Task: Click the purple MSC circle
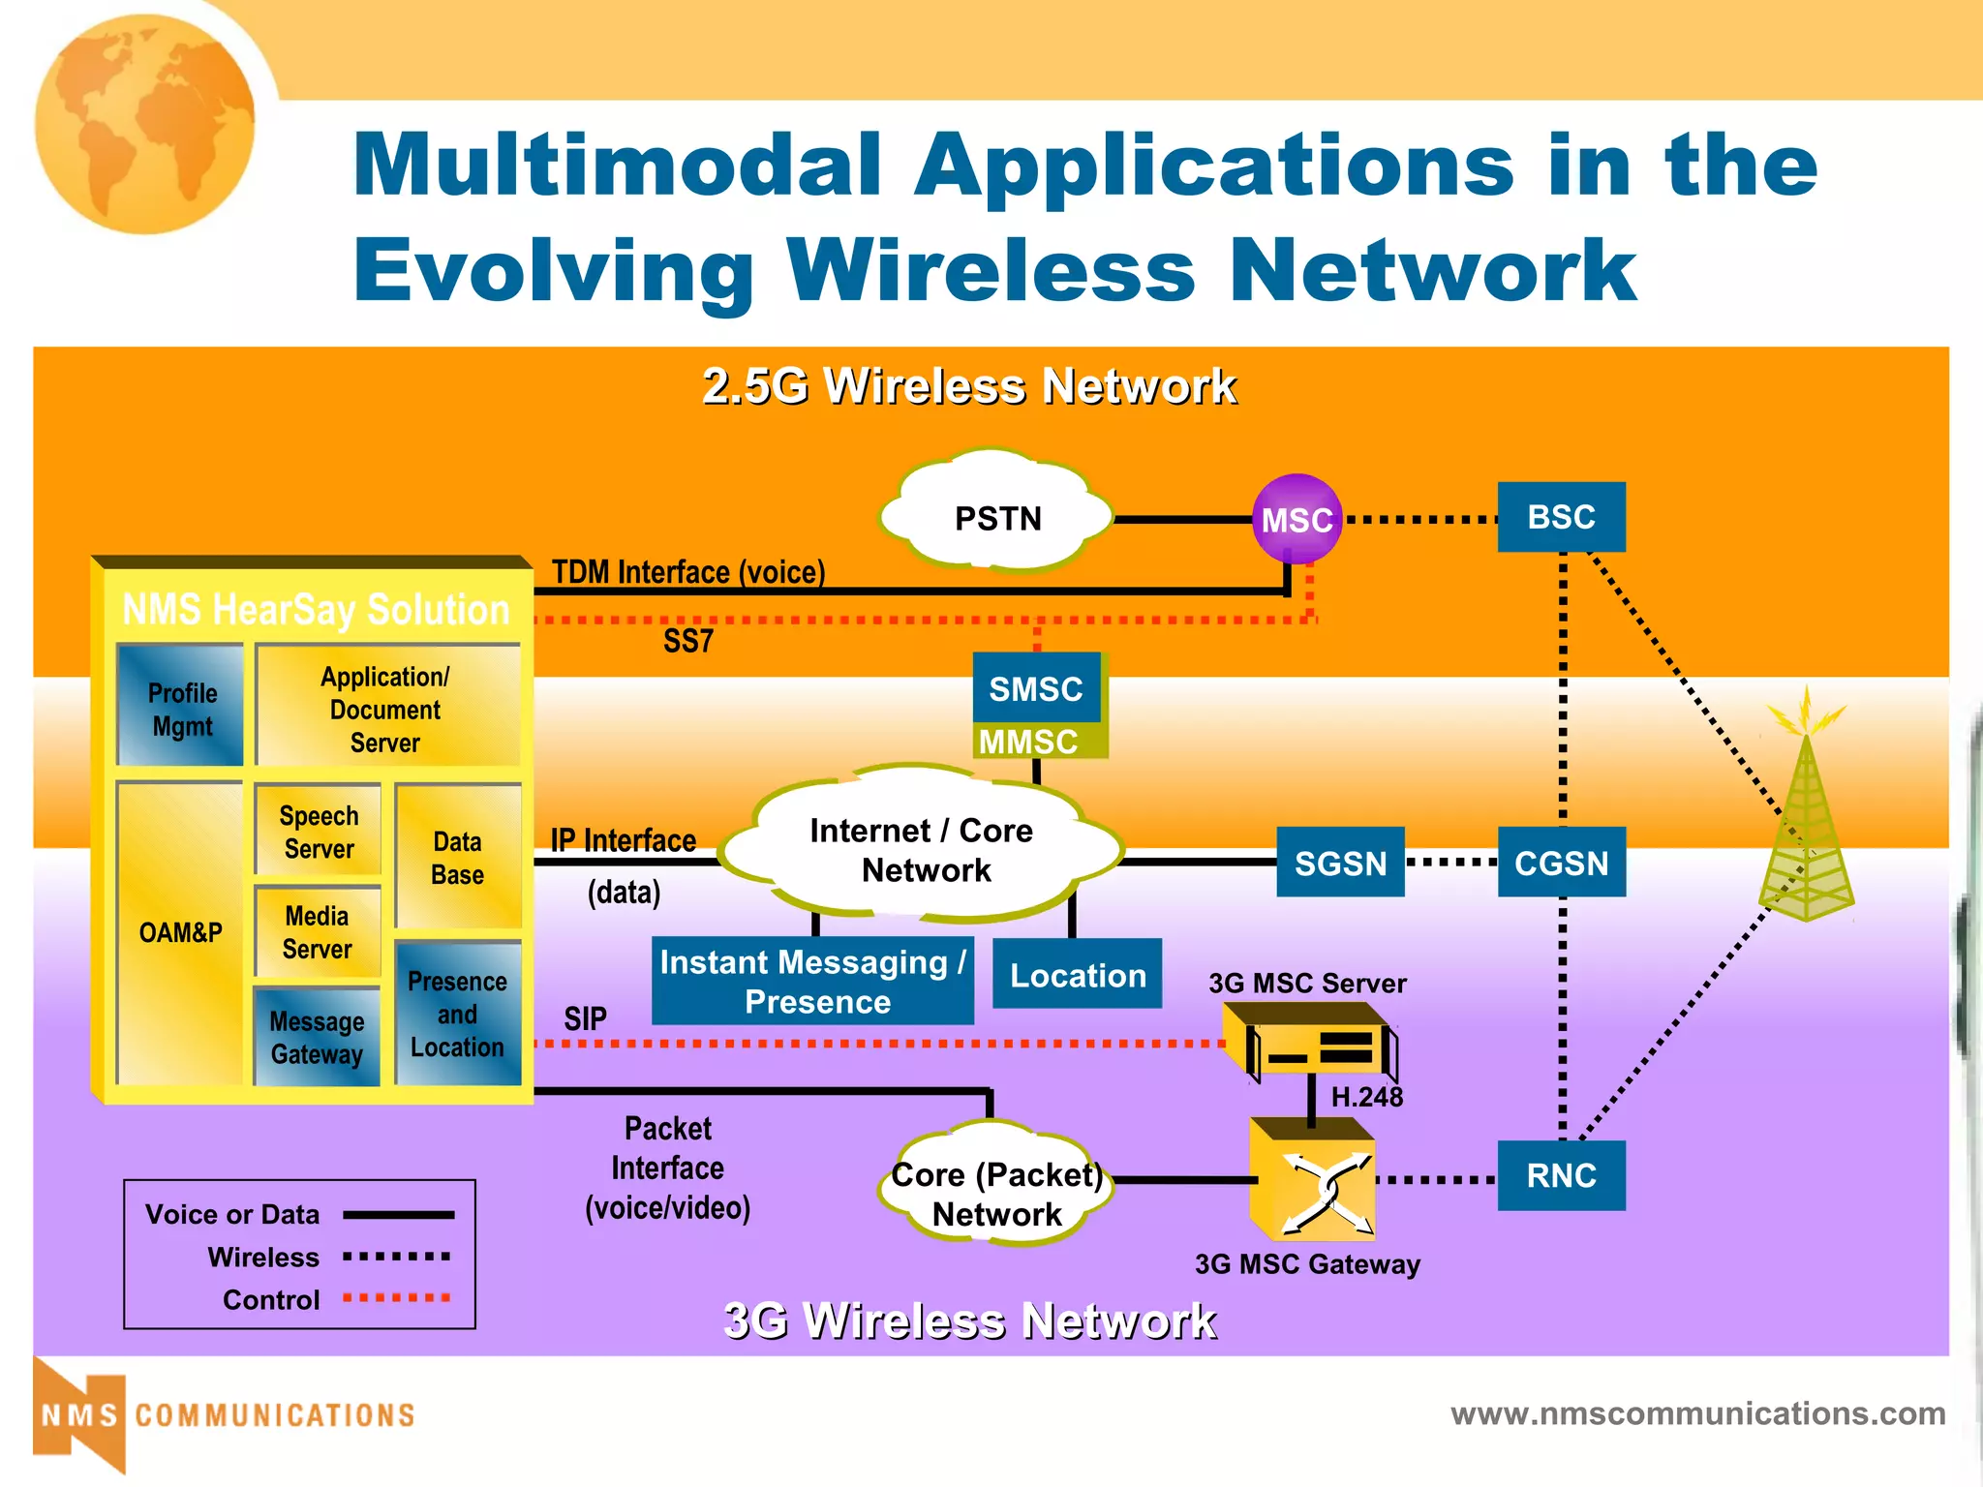[1297, 519]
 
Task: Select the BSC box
[1561, 517]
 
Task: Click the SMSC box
[1036, 688]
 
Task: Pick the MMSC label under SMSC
[1028, 742]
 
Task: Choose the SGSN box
[1340, 862]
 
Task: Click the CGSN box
[1561, 862]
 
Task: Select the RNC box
[1561, 1175]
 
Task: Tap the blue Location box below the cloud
[1077, 974]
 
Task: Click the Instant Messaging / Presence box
[812, 981]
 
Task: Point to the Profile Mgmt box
[181, 707]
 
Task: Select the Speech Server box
[318, 832]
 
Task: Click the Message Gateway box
[317, 1037]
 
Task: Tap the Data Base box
[457, 857]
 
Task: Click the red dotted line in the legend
[397, 1297]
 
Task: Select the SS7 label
[687, 641]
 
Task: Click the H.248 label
[1366, 1097]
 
